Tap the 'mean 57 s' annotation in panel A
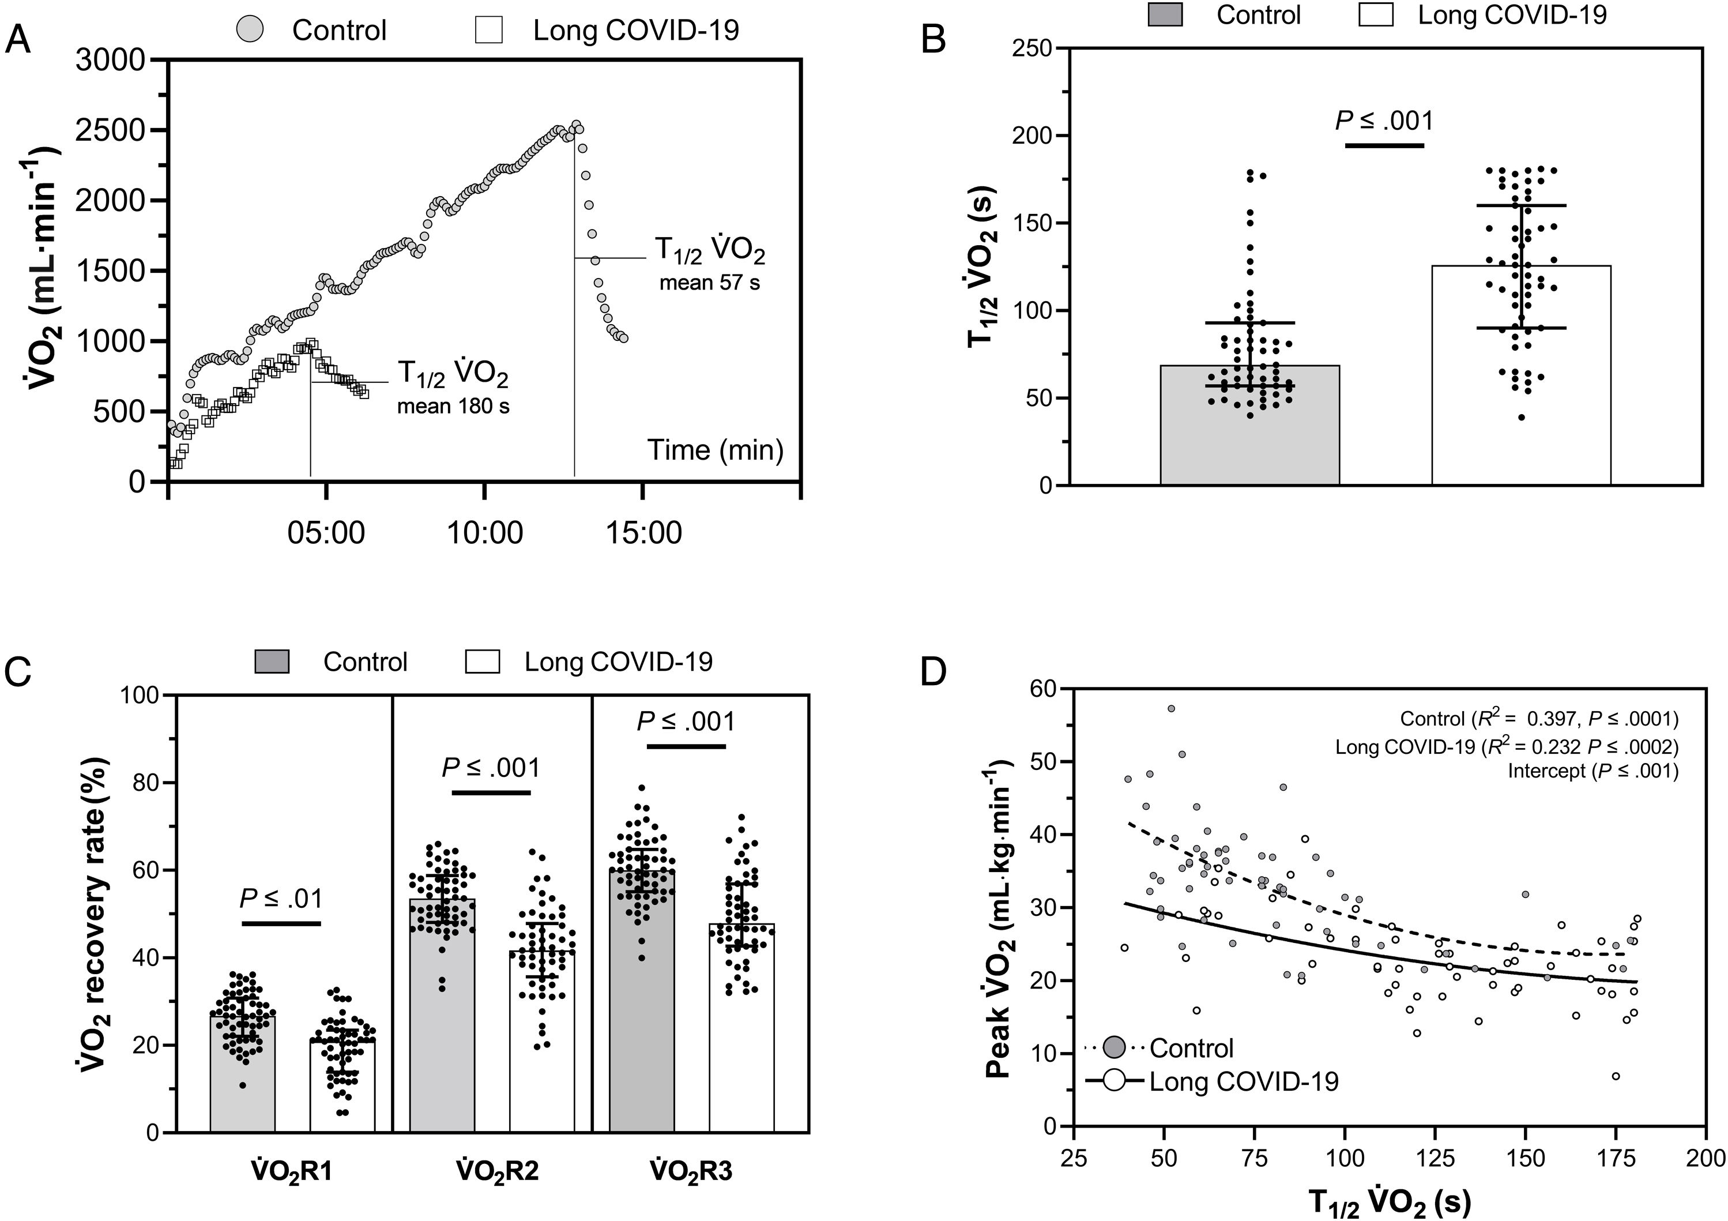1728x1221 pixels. coord(709,284)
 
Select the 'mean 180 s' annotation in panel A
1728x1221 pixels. coord(453,407)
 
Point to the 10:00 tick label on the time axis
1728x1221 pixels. coord(485,533)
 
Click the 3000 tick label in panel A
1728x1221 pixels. coord(111,60)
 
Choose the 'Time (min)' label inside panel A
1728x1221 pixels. coord(715,449)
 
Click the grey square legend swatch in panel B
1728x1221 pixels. coord(1165,15)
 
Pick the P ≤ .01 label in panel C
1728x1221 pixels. coord(281,898)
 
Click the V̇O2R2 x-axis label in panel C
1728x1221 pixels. coord(497,1172)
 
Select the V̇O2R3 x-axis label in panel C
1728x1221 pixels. coord(690,1172)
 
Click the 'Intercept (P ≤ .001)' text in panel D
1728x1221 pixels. coord(1593,771)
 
